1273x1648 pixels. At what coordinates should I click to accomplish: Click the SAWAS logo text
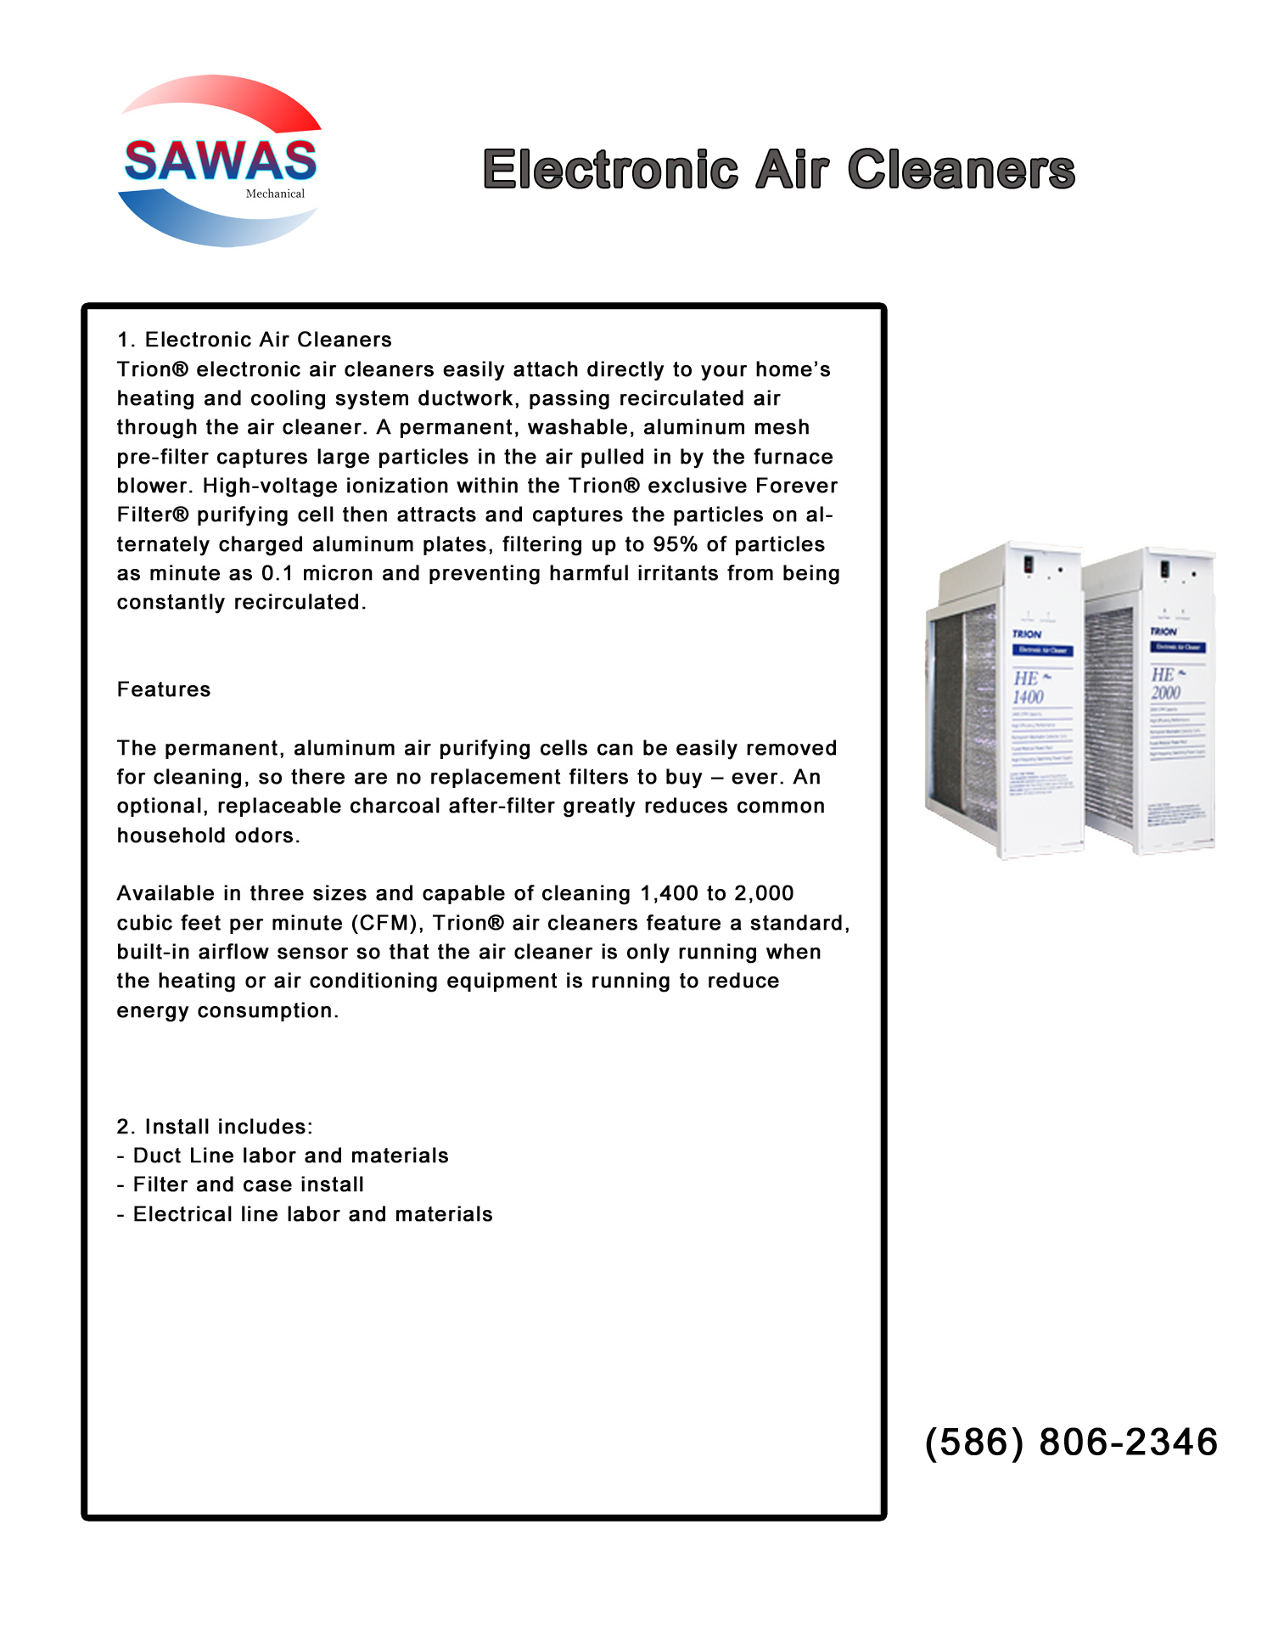[221, 161]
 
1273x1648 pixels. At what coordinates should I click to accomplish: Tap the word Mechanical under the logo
[275, 194]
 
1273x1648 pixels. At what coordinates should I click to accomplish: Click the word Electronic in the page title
[610, 170]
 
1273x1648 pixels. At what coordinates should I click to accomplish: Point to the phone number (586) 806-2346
[1071, 1443]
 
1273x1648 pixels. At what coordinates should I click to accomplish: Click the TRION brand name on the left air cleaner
[1027, 634]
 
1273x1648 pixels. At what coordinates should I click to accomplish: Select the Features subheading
[164, 689]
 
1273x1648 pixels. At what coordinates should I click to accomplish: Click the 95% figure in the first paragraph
[675, 544]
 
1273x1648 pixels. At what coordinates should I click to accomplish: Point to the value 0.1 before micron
[278, 574]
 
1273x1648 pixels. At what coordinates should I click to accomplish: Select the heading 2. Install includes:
[215, 1127]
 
